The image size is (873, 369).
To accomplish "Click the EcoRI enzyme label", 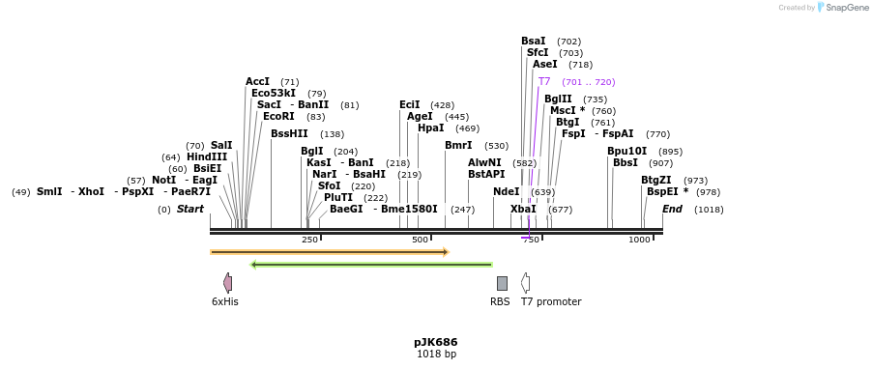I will [x=278, y=117].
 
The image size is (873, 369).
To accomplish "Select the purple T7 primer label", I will [x=544, y=82].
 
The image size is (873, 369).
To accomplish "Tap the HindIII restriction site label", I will [x=207, y=157].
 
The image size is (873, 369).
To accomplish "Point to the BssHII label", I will [x=289, y=134].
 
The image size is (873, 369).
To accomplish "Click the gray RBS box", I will [x=502, y=283].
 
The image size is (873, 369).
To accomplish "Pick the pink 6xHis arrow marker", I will [x=227, y=283].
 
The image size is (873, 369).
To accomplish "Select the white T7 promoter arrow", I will [x=525, y=283].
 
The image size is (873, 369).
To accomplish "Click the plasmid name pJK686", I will [x=435, y=342].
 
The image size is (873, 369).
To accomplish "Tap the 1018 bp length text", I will [x=436, y=355].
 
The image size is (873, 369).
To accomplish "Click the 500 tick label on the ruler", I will [x=420, y=241].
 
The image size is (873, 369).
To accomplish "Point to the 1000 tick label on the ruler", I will [x=639, y=241].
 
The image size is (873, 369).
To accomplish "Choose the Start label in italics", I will [x=190, y=210].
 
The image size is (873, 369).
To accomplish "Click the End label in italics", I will [x=672, y=210].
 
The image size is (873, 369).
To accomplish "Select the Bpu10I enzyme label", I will [x=626, y=152].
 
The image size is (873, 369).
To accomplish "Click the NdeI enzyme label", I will [x=506, y=192].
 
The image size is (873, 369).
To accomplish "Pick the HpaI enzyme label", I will [x=430, y=128].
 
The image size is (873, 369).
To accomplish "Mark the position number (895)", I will [x=670, y=152].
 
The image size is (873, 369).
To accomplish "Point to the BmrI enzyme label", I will [x=458, y=146].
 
